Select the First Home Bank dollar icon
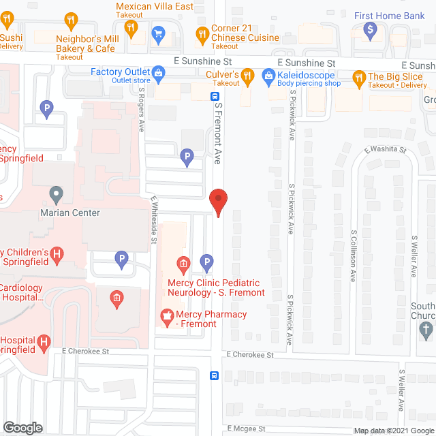coord(371,29)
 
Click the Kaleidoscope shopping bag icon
coord(270,75)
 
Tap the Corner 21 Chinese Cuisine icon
coord(202,33)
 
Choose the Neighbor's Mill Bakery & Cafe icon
coord(132,28)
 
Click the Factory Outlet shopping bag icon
coord(158,72)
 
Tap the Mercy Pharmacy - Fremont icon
coord(166,315)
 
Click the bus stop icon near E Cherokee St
coord(214,375)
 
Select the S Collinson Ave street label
coord(354,255)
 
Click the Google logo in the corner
coord(22,428)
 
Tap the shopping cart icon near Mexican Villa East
coord(158,33)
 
